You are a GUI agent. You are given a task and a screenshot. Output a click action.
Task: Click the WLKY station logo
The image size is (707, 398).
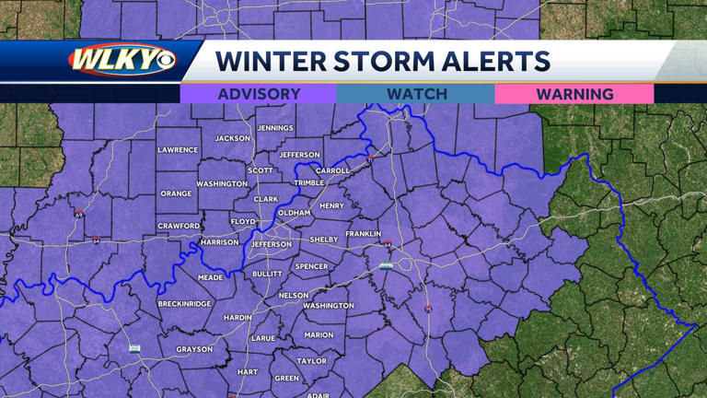(120, 61)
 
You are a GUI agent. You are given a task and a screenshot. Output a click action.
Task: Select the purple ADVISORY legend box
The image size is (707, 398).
(259, 94)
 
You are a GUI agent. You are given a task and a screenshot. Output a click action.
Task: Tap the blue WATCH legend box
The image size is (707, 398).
(416, 94)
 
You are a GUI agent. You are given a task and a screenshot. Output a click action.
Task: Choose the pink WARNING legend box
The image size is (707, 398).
(574, 94)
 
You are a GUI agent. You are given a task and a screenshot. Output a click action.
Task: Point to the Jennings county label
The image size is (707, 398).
(275, 128)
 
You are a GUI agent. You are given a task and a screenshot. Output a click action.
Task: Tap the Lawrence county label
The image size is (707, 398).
(178, 149)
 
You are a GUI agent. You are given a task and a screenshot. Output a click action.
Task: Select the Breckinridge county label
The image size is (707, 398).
(184, 303)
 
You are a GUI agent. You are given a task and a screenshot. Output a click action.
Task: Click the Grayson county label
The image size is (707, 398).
(194, 349)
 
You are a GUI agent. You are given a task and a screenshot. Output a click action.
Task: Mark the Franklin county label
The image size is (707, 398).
(364, 234)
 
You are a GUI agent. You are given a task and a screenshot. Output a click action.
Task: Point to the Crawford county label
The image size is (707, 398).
(179, 226)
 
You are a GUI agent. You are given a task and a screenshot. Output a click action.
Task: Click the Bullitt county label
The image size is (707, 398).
(267, 274)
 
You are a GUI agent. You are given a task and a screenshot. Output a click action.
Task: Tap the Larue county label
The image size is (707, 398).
(263, 338)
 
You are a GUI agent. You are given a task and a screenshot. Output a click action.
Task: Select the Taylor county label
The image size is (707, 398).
(312, 361)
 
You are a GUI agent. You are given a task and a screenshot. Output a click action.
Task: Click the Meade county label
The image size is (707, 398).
(210, 276)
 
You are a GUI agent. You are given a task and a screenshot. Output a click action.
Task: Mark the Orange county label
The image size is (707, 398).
(176, 193)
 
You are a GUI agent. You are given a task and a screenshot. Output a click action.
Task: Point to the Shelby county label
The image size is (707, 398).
(324, 240)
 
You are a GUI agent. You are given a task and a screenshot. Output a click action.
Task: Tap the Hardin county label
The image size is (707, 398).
(238, 317)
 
